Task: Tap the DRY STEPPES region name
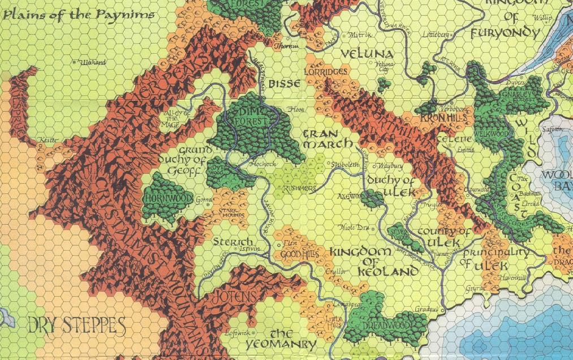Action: [x=76, y=325]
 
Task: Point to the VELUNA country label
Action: [x=368, y=54]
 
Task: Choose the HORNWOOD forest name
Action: [x=162, y=199]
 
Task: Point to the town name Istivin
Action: [x=249, y=249]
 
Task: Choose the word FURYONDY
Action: [x=505, y=33]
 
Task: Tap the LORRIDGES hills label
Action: [x=325, y=72]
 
